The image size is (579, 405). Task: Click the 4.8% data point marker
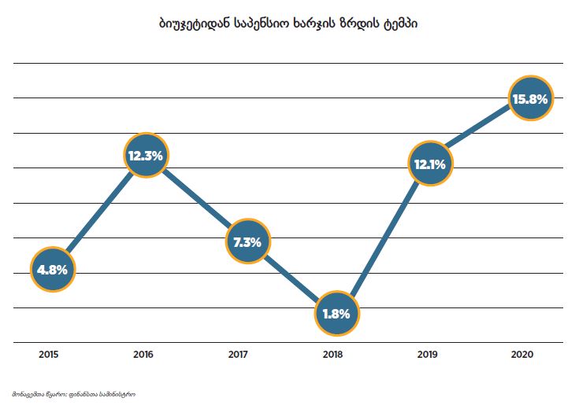click(x=53, y=269)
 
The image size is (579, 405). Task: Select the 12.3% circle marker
click(x=146, y=156)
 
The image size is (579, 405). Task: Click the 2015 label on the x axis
click(x=50, y=355)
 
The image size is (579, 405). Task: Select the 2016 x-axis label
click(x=143, y=355)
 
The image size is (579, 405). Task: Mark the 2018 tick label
click(x=333, y=355)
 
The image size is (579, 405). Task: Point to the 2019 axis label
click(x=428, y=355)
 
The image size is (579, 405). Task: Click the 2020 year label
click(x=522, y=355)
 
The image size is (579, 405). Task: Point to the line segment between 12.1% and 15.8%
click(x=479, y=132)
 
